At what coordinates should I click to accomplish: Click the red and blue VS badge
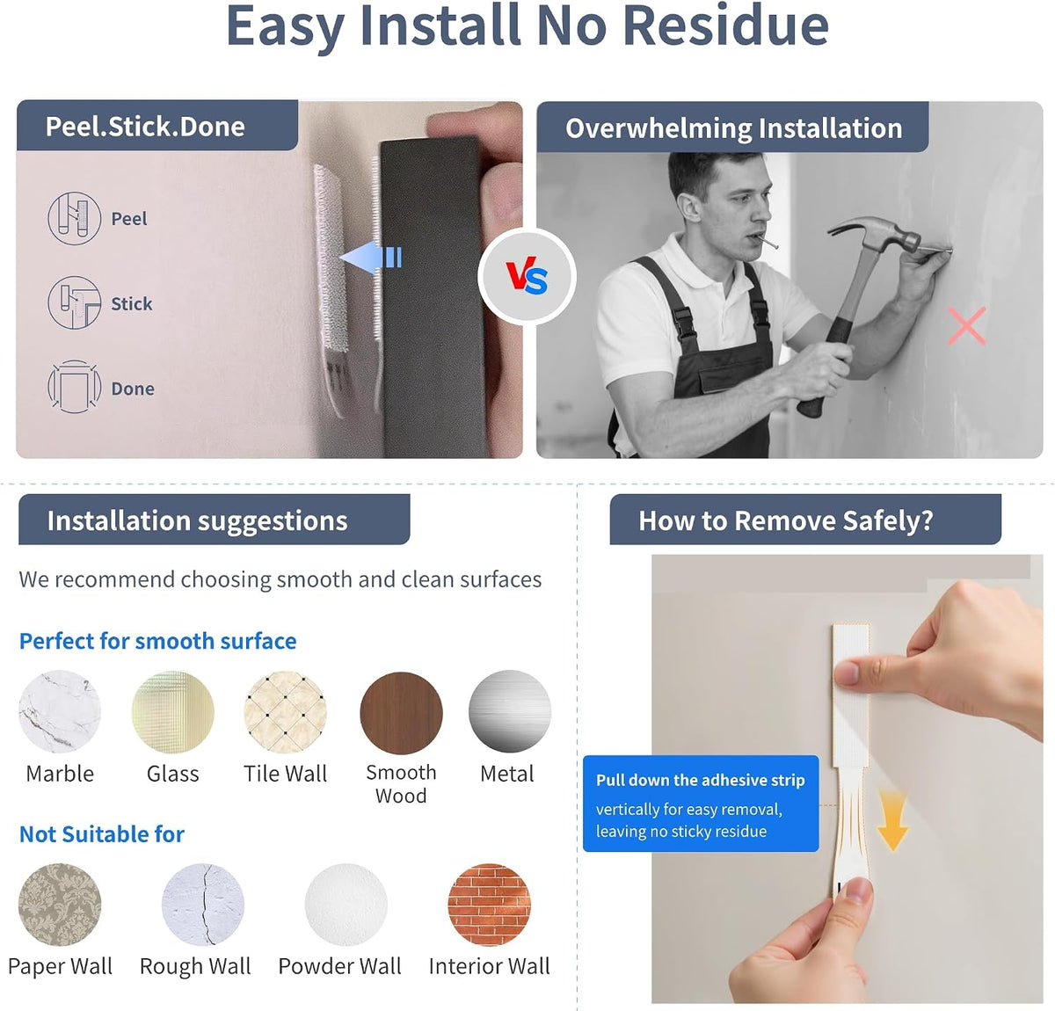(527, 276)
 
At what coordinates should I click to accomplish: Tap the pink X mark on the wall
(965, 326)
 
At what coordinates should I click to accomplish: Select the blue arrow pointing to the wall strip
(371, 257)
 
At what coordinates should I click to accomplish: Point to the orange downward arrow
(892, 820)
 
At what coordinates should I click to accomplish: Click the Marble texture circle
(60, 711)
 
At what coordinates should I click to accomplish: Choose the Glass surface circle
(173, 711)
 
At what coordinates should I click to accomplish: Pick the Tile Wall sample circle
(286, 711)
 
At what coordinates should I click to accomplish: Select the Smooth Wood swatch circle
(401, 712)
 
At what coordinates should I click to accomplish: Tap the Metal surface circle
(510, 711)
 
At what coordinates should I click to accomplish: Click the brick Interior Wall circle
(489, 905)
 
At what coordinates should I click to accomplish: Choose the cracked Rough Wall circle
(203, 905)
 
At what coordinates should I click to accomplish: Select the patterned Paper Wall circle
(60, 905)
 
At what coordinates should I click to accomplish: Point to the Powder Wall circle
(346, 905)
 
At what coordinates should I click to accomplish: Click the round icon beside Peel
(74, 218)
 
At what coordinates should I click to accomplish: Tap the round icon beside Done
(74, 387)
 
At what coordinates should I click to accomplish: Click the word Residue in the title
(726, 26)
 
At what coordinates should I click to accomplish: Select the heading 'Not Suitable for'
(102, 833)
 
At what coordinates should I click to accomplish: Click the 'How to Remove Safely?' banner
(805, 520)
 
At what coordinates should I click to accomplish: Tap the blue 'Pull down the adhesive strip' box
(701, 803)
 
